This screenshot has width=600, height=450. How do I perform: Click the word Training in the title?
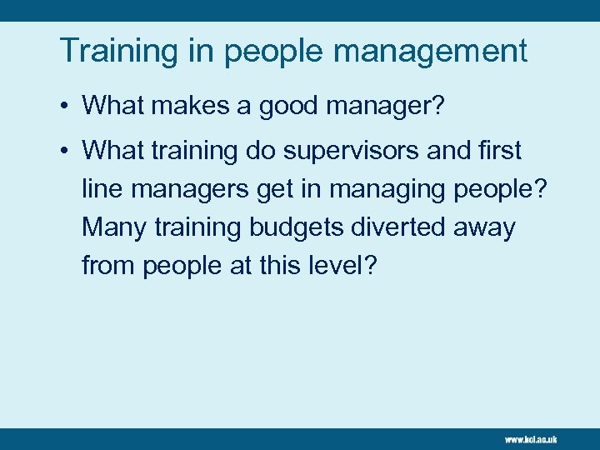[115, 51]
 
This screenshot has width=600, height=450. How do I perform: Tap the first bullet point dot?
[64, 106]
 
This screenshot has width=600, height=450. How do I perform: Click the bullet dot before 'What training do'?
[64, 152]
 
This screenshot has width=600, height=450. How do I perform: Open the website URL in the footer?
[530, 438]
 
